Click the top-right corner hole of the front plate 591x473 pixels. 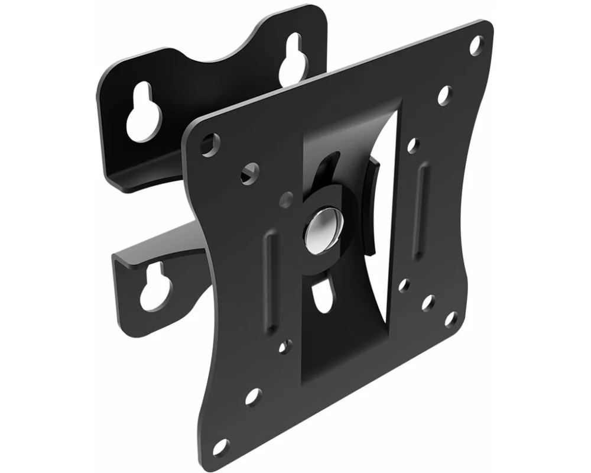(476, 44)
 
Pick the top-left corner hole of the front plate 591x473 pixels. (209, 144)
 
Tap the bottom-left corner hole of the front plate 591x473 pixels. (220, 448)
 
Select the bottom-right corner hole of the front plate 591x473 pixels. (450, 319)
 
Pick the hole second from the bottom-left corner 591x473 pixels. (252, 397)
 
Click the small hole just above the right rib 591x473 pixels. (413, 144)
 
